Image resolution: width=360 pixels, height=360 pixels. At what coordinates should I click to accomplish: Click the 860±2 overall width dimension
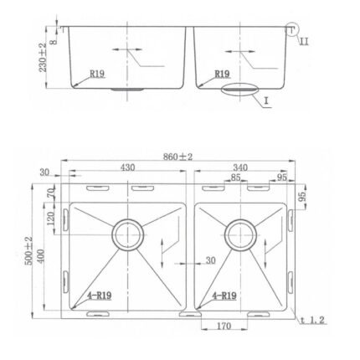(177, 157)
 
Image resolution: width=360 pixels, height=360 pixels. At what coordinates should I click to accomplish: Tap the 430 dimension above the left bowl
(127, 167)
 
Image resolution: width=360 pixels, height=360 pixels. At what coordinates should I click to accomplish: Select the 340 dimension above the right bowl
(240, 167)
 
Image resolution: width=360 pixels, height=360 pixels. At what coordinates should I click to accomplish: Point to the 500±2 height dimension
(28, 250)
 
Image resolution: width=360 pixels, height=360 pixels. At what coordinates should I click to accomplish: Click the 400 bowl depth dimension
(41, 256)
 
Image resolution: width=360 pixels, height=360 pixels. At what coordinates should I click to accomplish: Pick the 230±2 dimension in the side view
(43, 58)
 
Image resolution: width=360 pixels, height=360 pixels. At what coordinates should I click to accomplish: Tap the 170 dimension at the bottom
(224, 326)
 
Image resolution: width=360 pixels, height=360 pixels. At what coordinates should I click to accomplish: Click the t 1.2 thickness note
(312, 320)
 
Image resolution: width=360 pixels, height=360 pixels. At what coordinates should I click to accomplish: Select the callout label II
(304, 42)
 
